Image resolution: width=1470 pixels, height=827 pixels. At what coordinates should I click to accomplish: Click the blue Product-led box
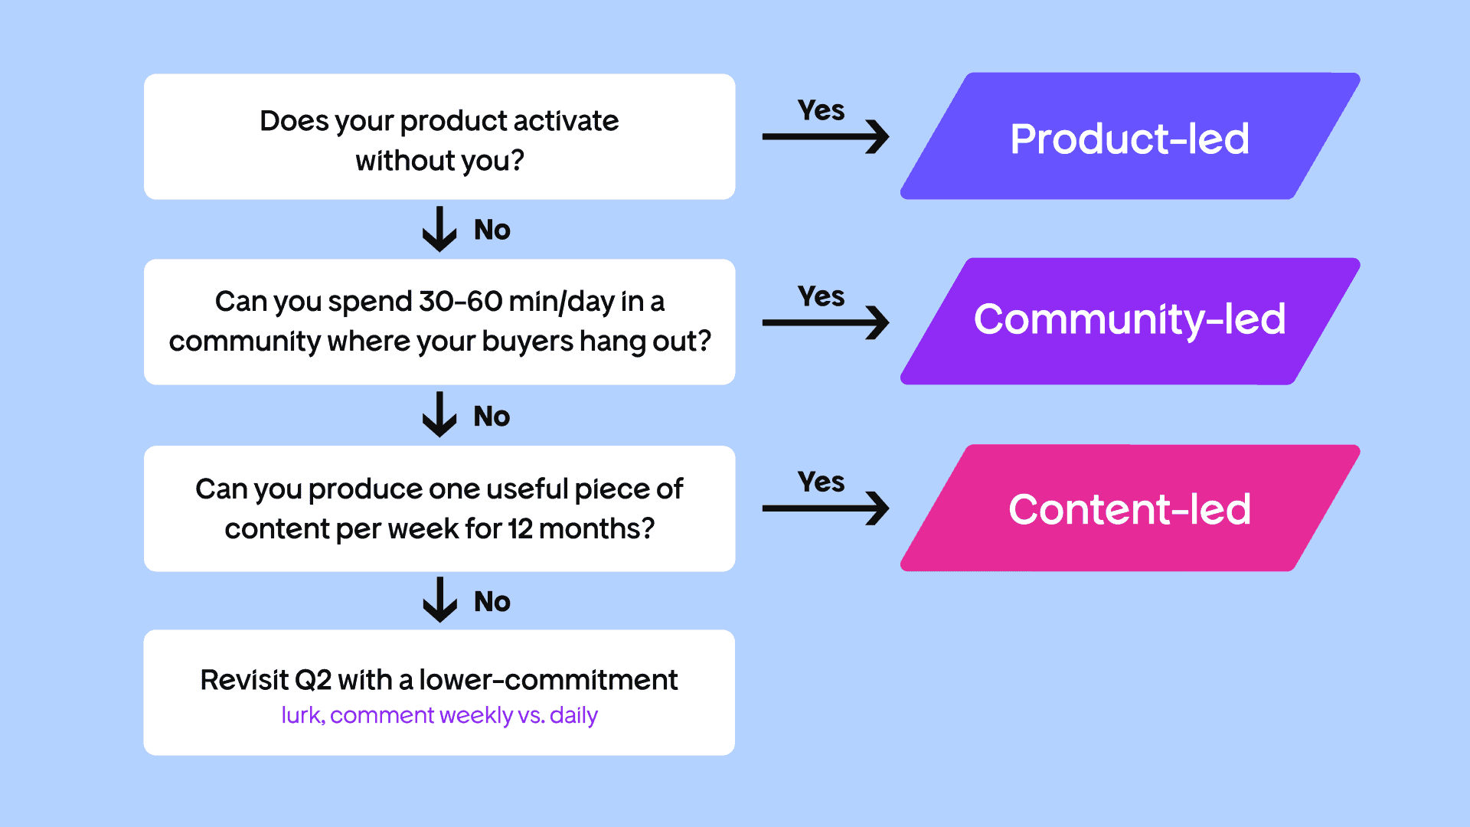[x=1130, y=136]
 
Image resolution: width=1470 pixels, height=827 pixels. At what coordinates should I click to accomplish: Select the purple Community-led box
[x=1130, y=322]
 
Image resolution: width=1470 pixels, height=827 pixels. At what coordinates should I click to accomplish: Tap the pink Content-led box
[x=1130, y=508]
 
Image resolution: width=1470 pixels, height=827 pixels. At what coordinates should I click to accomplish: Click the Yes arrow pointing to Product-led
[x=825, y=137]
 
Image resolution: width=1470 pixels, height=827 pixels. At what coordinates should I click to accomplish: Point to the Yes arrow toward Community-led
[x=825, y=322]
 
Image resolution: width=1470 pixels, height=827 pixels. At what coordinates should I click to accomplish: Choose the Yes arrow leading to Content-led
[x=825, y=508]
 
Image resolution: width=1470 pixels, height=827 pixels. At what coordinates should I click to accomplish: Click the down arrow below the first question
[x=439, y=229]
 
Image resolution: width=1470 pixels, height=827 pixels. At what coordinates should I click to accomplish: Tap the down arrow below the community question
[x=439, y=414]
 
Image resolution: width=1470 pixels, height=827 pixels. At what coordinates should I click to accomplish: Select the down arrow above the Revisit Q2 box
[x=439, y=600]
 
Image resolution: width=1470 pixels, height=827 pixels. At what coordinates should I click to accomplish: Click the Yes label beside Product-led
[x=821, y=110]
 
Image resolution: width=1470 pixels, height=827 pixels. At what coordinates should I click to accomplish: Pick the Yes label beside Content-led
[x=821, y=482]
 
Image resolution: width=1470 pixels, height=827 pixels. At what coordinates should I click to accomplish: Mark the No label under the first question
[x=492, y=230]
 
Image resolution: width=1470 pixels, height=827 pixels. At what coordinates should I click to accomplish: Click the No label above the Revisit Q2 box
[x=492, y=602]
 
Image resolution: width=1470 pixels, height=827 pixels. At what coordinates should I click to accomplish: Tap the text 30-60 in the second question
[x=460, y=302]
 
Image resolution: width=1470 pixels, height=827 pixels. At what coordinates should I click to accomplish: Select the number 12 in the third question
[x=520, y=528]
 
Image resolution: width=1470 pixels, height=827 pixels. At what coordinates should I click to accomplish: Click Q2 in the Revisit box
[x=312, y=680]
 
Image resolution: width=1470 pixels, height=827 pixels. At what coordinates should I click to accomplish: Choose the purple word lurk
[x=303, y=715]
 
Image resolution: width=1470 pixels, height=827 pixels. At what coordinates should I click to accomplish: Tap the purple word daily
[x=573, y=716]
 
